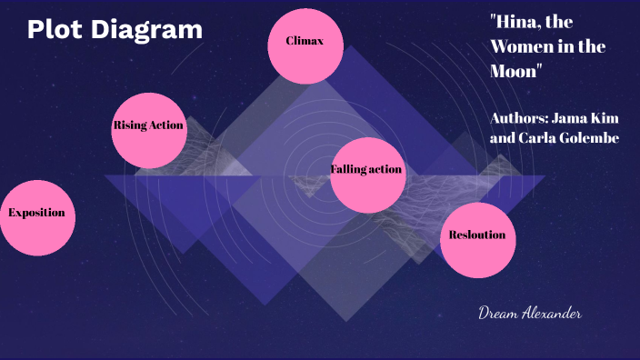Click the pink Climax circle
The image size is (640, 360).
[x=305, y=45]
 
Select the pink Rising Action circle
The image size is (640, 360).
[x=149, y=130]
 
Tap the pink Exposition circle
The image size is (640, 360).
[x=37, y=216]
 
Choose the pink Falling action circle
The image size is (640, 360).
[x=367, y=175]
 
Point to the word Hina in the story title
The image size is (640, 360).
[x=515, y=23]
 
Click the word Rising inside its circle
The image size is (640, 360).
[x=130, y=125]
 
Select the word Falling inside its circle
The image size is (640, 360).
[x=348, y=170]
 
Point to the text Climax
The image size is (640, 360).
[x=305, y=41]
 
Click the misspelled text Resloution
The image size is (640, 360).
[x=477, y=235]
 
